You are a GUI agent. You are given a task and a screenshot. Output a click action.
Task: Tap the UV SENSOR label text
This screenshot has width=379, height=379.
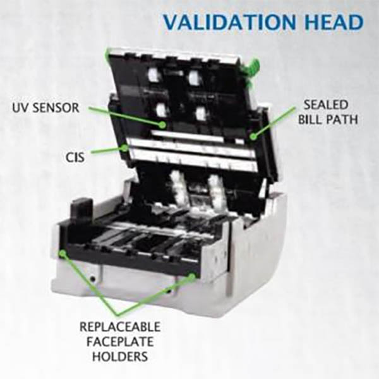pyautogui.click(x=45, y=107)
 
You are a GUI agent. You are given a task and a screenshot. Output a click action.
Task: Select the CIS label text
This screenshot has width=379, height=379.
pyautogui.click(x=75, y=157)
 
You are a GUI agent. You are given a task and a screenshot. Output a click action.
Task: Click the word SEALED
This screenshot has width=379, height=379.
pyautogui.click(x=325, y=105)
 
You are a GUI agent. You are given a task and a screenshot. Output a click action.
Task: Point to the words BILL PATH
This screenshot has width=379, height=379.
pyautogui.click(x=328, y=119)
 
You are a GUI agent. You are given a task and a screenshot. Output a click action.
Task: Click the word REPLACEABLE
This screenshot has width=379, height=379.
pyautogui.click(x=120, y=327)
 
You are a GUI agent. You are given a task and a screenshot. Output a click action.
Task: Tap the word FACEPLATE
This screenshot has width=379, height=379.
pyautogui.click(x=120, y=342)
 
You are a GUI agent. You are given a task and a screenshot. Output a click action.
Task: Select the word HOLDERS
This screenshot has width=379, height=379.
pyautogui.click(x=120, y=356)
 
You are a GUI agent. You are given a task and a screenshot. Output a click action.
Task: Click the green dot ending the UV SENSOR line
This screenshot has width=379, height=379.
pyautogui.click(x=162, y=124)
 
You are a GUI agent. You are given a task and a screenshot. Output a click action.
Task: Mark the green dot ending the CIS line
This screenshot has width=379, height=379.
pyautogui.click(x=124, y=147)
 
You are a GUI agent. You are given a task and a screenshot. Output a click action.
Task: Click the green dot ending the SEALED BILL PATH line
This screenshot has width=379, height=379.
pyautogui.click(x=253, y=136)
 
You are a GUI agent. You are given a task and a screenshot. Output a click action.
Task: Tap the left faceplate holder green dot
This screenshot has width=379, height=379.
pyautogui.click(x=63, y=253)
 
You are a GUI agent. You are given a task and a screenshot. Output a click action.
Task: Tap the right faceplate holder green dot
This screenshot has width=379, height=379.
pyautogui.click(x=192, y=276)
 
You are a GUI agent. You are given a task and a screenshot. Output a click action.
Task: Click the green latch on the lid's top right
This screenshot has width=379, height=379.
pyautogui.click(x=253, y=68)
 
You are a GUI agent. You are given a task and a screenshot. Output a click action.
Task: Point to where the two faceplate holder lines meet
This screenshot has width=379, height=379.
pyautogui.click(x=117, y=315)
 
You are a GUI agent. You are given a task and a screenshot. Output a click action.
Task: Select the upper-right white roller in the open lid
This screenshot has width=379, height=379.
pyautogui.click(x=193, y=77)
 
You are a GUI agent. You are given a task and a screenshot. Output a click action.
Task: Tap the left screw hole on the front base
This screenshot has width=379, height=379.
pyautogui.click(x=93, y=279)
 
